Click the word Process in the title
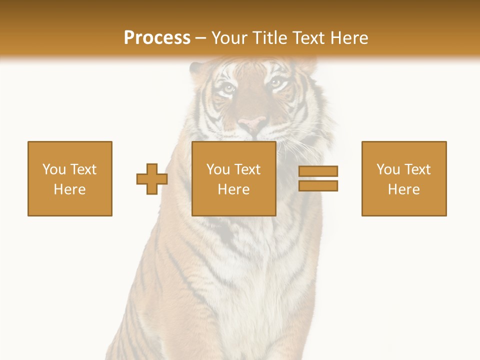[x=157, y=38]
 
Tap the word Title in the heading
[x=268, y=38]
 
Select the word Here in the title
[x=348, y=38]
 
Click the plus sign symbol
[x=151, y=179]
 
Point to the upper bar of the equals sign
[x=318, y=171]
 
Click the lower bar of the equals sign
[x=318, y=185]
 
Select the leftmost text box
[x=70, y=178]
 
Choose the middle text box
[x=234, y=178]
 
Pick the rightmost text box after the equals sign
[x=404, y=178]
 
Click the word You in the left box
[x=54, y=169]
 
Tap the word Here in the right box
[x=404, y=189]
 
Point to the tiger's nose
[x=252, y=122]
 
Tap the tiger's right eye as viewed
[x=276, y=83]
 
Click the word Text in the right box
[x=418, y=169]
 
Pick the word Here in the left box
[x=70, y=189]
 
